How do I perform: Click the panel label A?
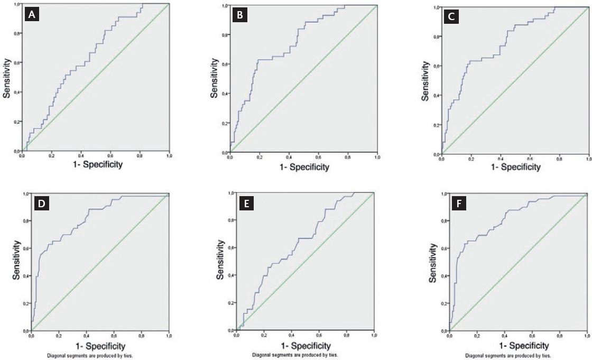(x=33, y=16)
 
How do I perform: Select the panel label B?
(x=240, y=16)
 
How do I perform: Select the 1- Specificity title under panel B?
(x=304, y=167)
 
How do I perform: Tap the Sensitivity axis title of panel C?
(x=426, y=80)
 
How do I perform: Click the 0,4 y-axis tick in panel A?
(x=16, y=93)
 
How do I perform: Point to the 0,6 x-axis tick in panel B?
(x=318, y=158)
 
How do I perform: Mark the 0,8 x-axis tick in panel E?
(x=347, y=336)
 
